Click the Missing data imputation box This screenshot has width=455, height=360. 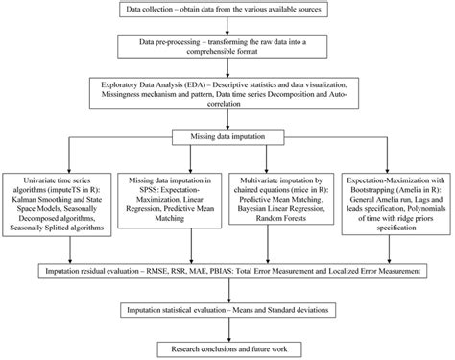[228, 138]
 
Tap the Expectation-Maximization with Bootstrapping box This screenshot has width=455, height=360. [396, 204]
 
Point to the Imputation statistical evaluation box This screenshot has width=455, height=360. [228, 311]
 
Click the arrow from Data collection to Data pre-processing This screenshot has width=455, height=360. [228, 27]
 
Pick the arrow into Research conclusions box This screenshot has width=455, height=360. [228, 329]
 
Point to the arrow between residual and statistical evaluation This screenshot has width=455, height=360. [228, 294]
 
